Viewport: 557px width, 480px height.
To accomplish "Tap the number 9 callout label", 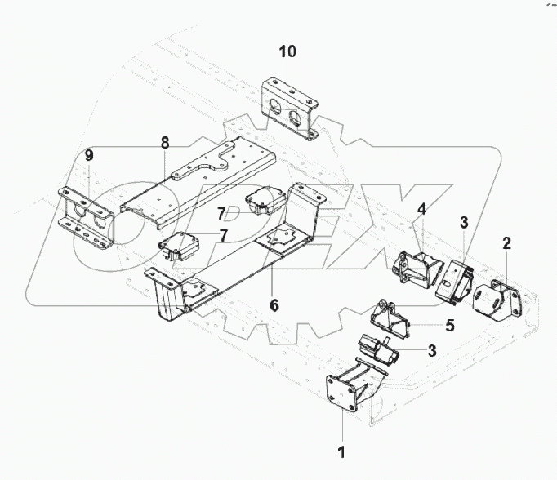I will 89,154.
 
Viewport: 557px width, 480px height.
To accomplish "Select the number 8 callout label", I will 165,143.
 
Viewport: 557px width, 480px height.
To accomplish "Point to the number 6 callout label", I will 274,305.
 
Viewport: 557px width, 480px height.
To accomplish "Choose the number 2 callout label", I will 506,242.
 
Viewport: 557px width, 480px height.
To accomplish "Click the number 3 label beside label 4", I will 463,222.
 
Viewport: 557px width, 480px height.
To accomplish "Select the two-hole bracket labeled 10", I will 290,109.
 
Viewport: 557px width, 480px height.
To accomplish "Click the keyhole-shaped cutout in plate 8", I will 214,167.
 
